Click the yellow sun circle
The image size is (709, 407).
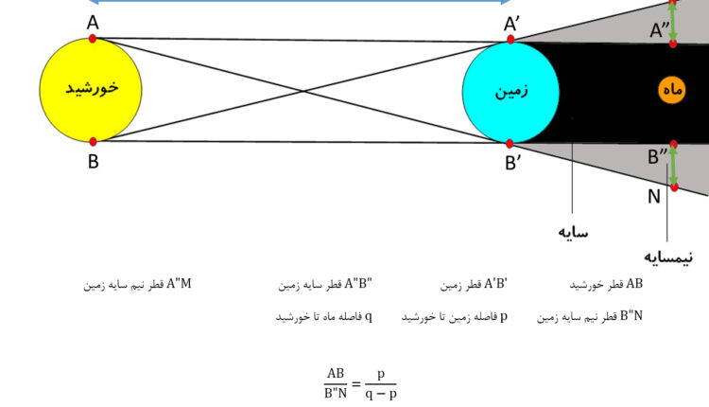(x=91, y=90)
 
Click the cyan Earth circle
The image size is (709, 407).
(x=510, y=93)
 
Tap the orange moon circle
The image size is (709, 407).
(x=671, y=90)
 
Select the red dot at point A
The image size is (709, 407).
(x=93, y=39)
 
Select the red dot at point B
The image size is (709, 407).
(x=93, y=142)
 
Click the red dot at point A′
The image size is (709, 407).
(x=510, y=40)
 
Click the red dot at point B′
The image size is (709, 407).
(x=510, y=144)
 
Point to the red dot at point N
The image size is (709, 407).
(x=674, y=187)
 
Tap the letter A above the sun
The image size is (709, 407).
(x=93, y=22)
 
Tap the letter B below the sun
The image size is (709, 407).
(x=94, y=161)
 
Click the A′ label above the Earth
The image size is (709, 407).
(x=511, y=24)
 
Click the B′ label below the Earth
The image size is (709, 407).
(x=512, y=163)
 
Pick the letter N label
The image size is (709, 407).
(x=654, y=197)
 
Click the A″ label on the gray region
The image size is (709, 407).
(x=659, y=30)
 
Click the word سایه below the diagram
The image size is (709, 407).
(x=573, y=232)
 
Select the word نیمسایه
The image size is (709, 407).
(x=668, y=257)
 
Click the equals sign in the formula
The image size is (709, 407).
(x=356, y=384)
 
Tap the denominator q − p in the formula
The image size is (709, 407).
(x=381, y=394)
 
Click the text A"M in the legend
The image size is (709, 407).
(x=179, y=284)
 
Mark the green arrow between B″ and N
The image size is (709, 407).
(x=674, y=166)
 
